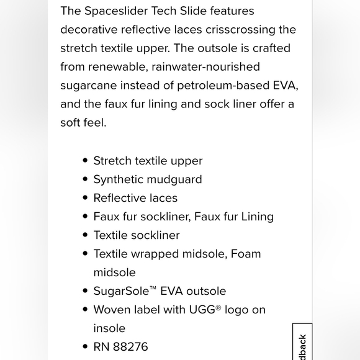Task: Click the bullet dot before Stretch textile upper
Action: click(x=85, y=161)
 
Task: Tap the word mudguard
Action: click(x=174, y=179)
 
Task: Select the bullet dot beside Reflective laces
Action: click(x=85, y=198)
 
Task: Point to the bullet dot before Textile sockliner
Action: click(x=85, y=235)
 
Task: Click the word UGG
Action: click(x=201, y=310)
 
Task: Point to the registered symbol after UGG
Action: click(x=218, y=307)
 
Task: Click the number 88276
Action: click(x=130, y=347)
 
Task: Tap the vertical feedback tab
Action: click(x=302, y=344)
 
